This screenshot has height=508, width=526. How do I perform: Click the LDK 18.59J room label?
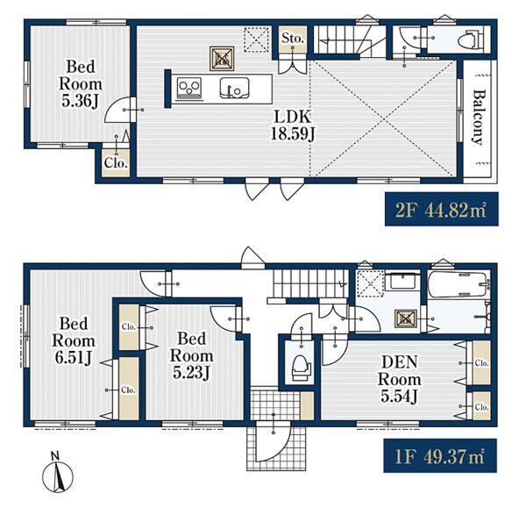point(293,125)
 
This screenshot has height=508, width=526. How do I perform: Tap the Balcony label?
point(478,118)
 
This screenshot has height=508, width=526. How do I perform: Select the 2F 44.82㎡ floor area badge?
point(441,209)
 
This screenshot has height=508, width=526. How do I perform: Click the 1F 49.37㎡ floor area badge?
point(440,455)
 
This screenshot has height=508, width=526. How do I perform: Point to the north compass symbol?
point(57,475)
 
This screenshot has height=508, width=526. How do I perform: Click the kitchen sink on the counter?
point(234,89)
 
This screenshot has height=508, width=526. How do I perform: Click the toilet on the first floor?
point(302,368)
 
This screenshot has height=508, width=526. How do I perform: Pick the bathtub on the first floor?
point(458,284)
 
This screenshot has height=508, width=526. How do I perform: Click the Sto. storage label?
point(293,39)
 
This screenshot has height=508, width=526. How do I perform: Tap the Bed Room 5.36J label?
point(81,84)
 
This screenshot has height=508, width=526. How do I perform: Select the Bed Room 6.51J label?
point(74,340)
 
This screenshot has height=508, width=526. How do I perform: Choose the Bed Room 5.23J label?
point(191,355)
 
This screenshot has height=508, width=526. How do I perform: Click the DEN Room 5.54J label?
point(399,379)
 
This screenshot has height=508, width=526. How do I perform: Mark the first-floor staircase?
point(310,283)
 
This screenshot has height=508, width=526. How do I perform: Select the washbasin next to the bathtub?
point(401,281)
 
